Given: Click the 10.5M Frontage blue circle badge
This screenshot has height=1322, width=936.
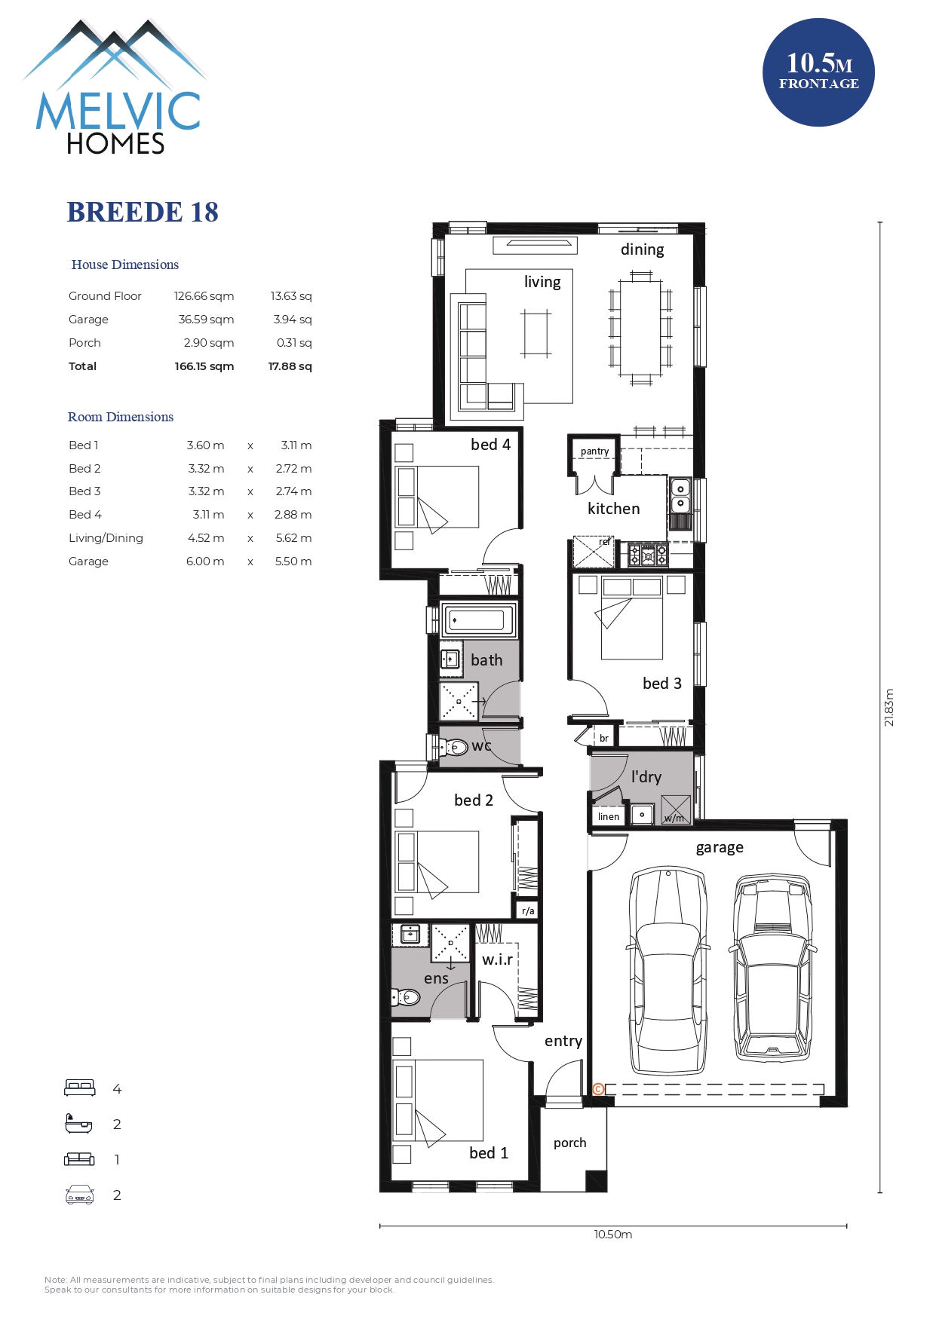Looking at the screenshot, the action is (x=818, y=72).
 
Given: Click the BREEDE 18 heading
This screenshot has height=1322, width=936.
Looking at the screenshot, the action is (x=143, y=213).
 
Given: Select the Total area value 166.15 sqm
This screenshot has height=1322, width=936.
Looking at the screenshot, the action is (x=204, y=366).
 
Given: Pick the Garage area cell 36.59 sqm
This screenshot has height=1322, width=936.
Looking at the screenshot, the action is (x=206, y=320).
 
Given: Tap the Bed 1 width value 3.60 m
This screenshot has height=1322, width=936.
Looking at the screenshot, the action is (x=205, y=445).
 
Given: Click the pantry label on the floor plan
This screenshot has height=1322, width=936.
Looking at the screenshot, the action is (x=595, y=451).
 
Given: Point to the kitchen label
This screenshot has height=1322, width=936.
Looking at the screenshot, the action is (x=614, y=509).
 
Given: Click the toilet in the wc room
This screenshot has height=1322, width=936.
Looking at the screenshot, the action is (x=456, y=748).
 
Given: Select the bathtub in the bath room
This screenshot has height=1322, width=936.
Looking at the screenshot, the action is (x=477, y=620).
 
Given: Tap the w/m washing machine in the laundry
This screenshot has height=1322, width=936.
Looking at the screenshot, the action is (x=676, y=809).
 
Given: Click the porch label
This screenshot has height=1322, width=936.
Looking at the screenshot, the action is (x=569, y=1143).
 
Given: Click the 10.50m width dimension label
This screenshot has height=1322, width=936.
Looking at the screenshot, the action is (x=613, y=1235).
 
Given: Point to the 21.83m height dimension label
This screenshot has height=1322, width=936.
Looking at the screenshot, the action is (x=888, y=707).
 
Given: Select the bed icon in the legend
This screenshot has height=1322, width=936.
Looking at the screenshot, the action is (x=80, y=1088).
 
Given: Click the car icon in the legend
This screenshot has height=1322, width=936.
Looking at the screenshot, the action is (x=80, y=1195).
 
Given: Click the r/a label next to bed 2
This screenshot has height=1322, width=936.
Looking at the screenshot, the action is (x=528, y=911).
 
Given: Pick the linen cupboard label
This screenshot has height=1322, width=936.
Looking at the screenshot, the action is (x=609, y=816).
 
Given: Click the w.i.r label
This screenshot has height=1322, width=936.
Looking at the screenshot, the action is (x=498, y=959).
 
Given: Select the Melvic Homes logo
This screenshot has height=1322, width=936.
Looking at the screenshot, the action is (x=115, y=87).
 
